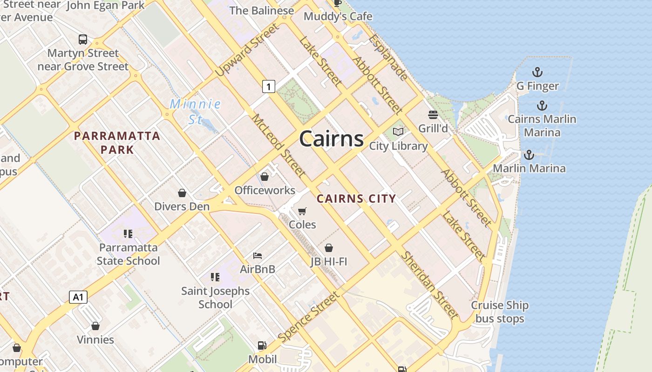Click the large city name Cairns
coord(331,139)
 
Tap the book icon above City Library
coord(398,132)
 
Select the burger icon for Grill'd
coord(433,115)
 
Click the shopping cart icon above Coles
coord(302,212)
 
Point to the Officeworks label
coord(265,190)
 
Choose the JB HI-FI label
coord(329,262)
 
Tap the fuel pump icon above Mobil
coord(262,345)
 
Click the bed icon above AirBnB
coord(258,256)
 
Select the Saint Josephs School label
coord(215,298)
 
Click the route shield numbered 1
coord(268,86)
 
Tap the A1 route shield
coord(78,297)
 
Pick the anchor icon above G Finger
coord(537,73)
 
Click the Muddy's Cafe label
coord(338,16)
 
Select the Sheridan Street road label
coord(429,285)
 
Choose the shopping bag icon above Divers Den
coord(182,193)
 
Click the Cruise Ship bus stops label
coord(500,312)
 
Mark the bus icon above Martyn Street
coord(83,40)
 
